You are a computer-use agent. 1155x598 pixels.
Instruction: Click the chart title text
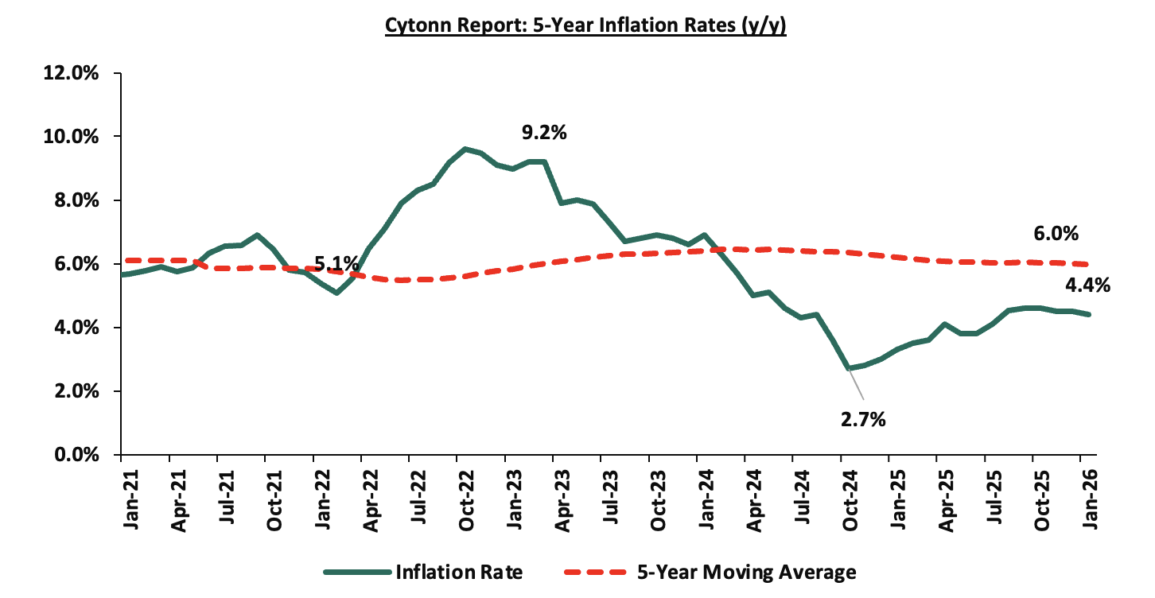pos(585,25)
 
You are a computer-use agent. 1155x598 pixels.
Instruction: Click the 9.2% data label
pos(543,133)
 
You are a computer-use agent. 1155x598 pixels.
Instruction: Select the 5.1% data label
pos(336,263)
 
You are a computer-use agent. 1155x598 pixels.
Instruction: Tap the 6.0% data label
pos(1055,234)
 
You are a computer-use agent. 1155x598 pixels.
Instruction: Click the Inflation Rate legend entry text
pos(458,572)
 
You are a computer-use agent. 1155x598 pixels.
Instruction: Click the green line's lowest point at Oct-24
pos(848,368)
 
